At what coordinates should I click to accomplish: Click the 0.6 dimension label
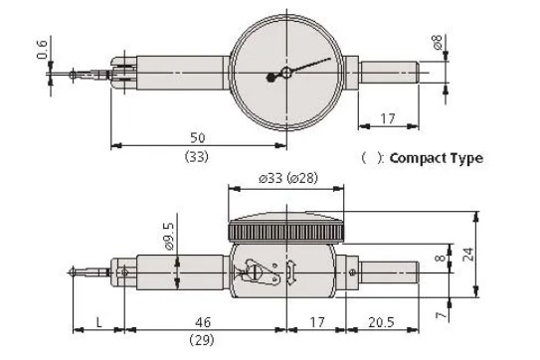point(42,50)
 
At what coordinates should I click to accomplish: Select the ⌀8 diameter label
point(437,42)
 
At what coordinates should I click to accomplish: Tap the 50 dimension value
point(197,137)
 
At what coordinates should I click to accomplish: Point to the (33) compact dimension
point(197,157)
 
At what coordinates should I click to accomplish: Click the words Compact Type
point(437,158)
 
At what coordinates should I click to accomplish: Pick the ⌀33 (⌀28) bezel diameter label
point(288,178)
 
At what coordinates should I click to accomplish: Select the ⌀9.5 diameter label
point(169,236)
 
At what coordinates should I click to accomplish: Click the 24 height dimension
point(469,255)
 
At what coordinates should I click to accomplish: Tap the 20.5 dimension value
point(381,322)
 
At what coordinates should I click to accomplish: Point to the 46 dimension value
point(203,322)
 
